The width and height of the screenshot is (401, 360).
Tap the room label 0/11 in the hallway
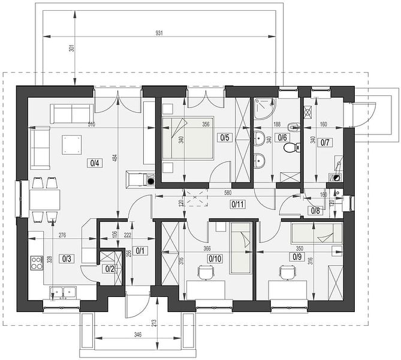click(238, 205)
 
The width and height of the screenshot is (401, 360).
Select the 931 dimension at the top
click(159, 33)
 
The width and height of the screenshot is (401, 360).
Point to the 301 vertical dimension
click(72, 48)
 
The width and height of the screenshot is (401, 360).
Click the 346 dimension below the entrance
click(137, 334)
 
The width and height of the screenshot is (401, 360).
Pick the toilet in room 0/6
click(291, 148)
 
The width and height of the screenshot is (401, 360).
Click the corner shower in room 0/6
click(265, 109)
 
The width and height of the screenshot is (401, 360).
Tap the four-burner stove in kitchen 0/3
click(37, 263)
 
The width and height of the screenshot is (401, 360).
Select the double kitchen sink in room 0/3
click(63, 292)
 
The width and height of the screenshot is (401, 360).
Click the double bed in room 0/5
click(188, 138)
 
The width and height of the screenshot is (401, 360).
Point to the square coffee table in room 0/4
click(71, 145)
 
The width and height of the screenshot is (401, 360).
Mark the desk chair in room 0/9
click(288, 273)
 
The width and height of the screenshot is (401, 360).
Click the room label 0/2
click(110, 269)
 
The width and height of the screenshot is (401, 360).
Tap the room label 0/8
click(315, 211)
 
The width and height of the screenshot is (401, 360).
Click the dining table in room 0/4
click(45, 200)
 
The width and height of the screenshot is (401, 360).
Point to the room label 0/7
click(325, 142)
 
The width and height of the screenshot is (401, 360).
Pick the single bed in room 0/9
click(316, 233)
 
